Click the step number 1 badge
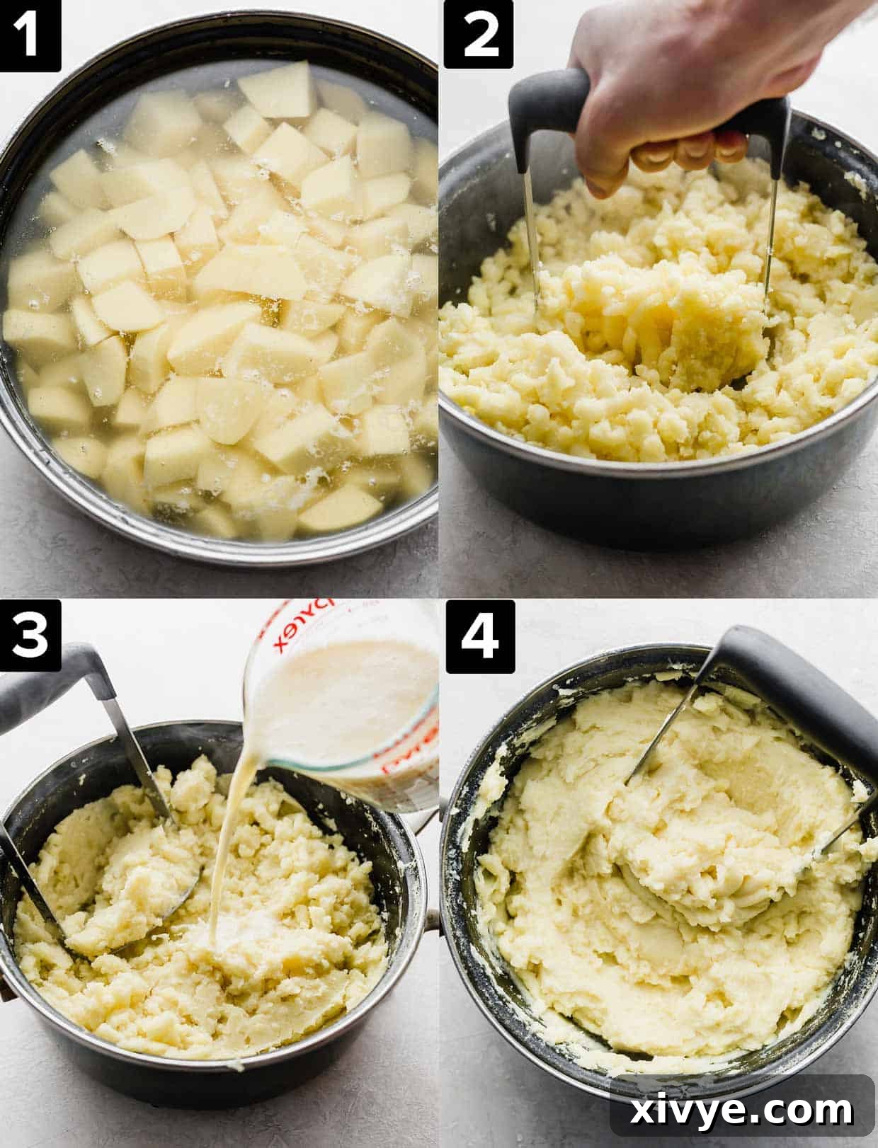pos(30,35)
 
